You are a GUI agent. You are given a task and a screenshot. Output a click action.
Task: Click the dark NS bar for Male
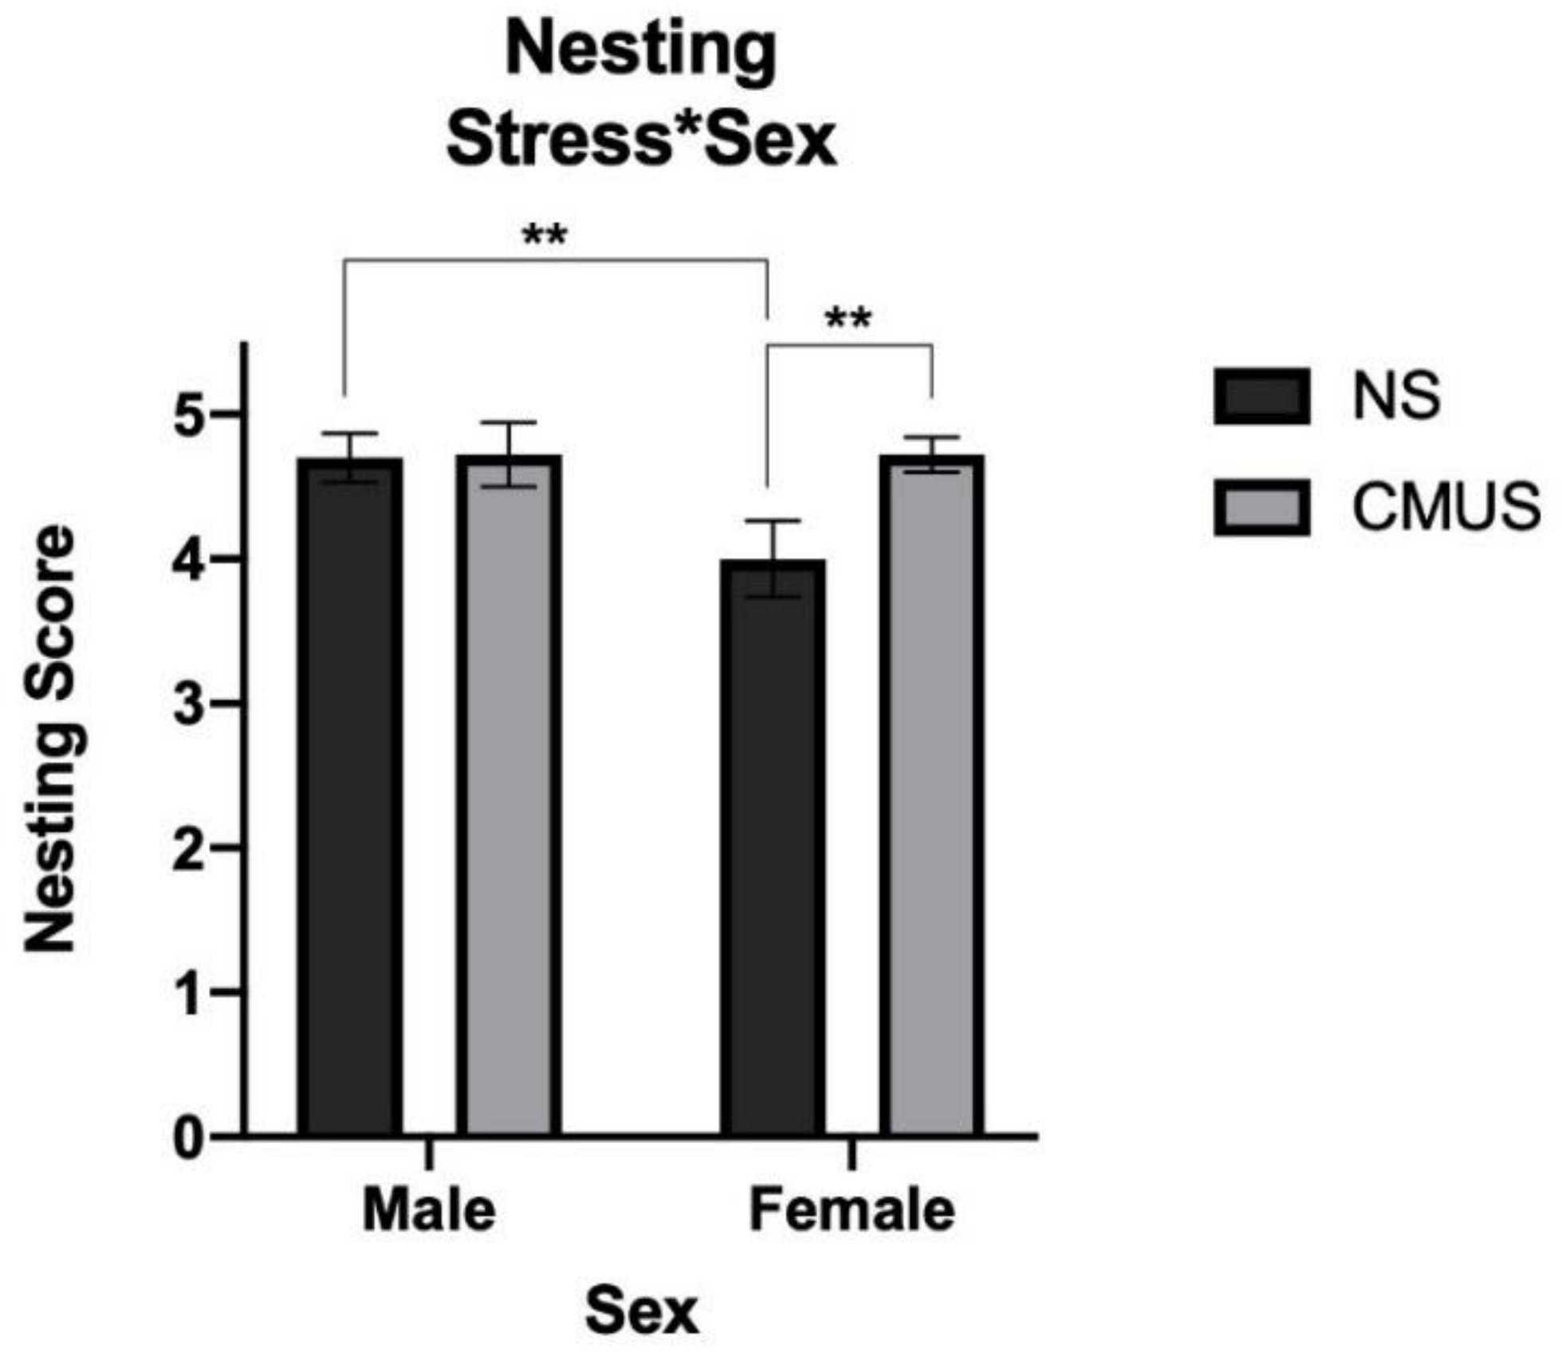click(x=350, y=797)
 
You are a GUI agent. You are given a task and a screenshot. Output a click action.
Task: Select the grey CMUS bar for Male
click(x=509, y=797)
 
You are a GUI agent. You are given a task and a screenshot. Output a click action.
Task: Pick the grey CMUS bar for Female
click(x=931, y=797)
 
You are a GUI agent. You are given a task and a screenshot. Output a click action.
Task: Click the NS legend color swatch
click(x=1261, y=396)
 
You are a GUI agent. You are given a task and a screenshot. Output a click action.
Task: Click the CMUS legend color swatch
click(x=1261, y=507)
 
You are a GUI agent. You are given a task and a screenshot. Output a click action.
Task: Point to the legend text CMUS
click(x=1446, y=507)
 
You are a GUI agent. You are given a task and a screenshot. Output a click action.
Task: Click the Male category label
click(x=429, y=1212)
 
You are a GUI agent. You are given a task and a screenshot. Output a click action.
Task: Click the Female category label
click(x=852, y=1212)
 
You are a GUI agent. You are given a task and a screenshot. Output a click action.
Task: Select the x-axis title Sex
click(x=642, y=1312)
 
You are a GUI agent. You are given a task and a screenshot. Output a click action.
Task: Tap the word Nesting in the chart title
click(x=642, y=53)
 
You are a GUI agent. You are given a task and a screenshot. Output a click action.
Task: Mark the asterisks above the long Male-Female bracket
click(x=545, y=237)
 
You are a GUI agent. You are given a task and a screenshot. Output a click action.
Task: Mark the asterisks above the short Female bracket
click(x=848, y=321)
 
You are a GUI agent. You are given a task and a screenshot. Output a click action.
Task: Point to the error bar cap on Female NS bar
click(x=773, y=521)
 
